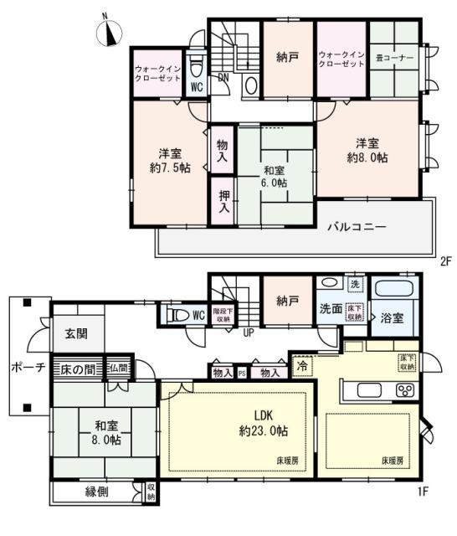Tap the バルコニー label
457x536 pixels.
click(x=356, y=227)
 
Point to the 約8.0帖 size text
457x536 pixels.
click(x=367, y=157)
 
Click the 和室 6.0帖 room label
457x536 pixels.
click(x=274, y=176)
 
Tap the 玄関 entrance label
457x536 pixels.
click(x=78, y=334)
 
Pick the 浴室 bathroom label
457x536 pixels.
click(x=393, y=319)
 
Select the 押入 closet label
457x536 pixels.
click(x=223, y=202)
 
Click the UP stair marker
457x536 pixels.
click(x=249, y=332)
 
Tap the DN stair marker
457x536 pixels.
click(x=223, y=79)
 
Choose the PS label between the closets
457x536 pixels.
click(x=241, y=374)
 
